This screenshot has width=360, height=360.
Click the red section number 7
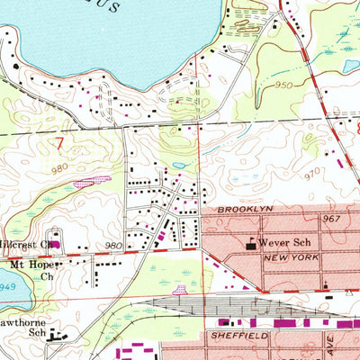point(59,142)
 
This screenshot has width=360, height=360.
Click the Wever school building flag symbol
point(250,242)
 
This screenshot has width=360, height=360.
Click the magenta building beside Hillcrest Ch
point(53,243)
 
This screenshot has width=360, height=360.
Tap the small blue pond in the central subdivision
point(179,166)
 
